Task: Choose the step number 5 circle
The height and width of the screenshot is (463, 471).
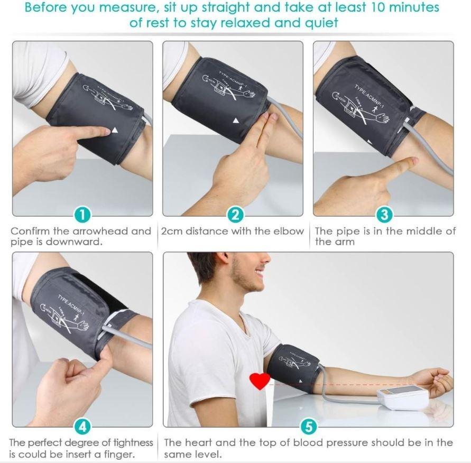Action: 309,426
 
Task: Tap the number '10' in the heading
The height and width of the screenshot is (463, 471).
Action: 368,8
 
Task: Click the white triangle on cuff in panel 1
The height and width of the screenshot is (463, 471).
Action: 114,131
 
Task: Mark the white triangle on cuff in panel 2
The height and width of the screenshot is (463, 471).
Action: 236,121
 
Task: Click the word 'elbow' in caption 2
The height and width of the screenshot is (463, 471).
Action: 290,232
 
